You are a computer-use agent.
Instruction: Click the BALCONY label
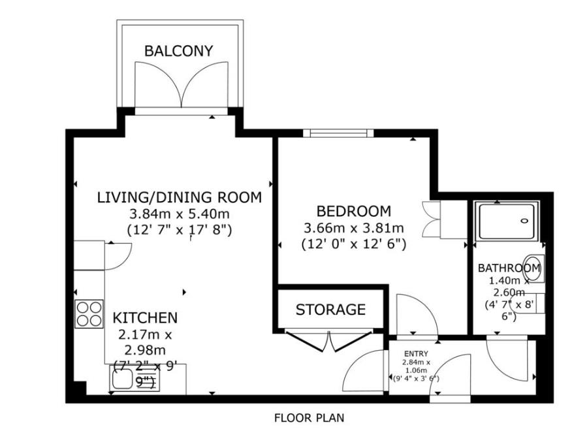tap(178, 51)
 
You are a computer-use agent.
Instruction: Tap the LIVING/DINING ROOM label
tap(179, 197)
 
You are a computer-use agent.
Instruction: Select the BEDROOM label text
tap(353, 212)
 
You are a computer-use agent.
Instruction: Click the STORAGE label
tap(330, 310)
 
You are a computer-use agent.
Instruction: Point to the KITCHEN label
tap(145, 318)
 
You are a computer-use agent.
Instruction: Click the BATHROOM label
tap(509, 268)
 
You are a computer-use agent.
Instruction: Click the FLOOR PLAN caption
tap(309, 418)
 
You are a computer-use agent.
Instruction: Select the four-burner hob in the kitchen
tap(89, 313)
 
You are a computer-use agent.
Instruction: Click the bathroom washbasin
tap(533, 268)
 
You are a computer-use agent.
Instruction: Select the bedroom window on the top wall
tap(338, 133)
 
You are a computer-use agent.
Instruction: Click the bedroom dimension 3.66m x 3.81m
tap(353, 228)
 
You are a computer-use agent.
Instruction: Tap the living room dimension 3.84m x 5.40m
tap(179, 214)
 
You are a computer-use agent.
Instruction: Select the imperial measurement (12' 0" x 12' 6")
tap(353, 244)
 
